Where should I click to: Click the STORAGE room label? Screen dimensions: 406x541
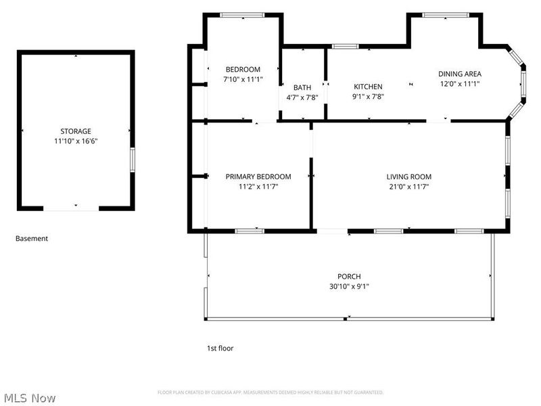point(76,131)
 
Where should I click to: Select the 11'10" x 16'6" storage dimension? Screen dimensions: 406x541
point(76,141)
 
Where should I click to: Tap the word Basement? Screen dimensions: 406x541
point(32,238)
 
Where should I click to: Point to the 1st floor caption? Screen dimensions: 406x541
point(220,348)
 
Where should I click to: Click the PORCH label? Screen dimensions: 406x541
point(349,276)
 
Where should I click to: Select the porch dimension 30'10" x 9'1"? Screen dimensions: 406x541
point(349,286)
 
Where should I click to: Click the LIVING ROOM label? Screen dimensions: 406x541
point(408,177)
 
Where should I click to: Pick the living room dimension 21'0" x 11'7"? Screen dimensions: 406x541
point(408,187)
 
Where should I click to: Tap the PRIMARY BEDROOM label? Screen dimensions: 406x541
point(258,177)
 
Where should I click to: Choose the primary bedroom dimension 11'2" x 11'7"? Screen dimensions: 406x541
point(258,187)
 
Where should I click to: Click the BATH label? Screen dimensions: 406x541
point(302,87)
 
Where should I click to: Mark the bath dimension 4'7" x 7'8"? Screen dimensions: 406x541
point(302,97)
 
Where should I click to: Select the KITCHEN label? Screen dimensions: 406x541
point(369,87)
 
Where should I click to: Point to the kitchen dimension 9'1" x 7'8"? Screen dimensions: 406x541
point(369,96)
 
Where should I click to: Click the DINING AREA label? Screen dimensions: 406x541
point(460,74)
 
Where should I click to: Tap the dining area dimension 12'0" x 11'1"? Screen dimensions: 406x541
point(460,84)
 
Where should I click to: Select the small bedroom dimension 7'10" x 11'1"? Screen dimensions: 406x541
point(243,79)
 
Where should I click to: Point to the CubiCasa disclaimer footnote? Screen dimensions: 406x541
point(270,392)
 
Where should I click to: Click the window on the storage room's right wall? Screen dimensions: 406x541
point(133,160)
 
